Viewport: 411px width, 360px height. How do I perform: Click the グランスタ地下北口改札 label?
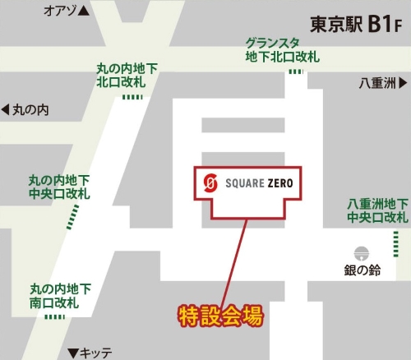[x=283, y=50]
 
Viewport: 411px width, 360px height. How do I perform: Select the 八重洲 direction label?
[x=377, y=83]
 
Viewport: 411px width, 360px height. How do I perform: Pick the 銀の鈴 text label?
[x=362, y=271]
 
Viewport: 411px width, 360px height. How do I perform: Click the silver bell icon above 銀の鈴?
[x=360, y=252]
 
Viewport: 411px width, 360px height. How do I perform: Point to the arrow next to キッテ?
[x=72, y=352]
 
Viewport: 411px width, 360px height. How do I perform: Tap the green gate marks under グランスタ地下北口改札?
[x=295, y=72]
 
